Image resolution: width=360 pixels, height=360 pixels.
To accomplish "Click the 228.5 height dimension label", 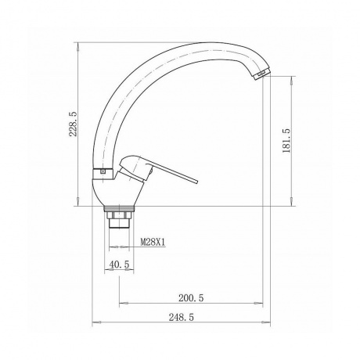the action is (73, 124).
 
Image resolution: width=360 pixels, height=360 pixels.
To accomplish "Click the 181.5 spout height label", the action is (286, 141).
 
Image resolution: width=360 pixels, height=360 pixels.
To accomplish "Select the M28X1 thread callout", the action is (153, 243).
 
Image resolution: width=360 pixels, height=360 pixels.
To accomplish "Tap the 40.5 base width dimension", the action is (119, 265).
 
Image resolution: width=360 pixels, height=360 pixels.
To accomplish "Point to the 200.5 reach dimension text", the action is (191, 297).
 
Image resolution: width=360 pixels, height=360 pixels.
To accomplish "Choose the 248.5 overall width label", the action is (182, 317).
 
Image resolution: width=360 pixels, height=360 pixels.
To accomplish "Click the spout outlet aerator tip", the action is (261, 74).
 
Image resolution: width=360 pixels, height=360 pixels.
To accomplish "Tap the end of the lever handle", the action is (197, 182).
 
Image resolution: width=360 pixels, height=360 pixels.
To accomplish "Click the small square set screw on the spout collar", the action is (103, 171).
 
